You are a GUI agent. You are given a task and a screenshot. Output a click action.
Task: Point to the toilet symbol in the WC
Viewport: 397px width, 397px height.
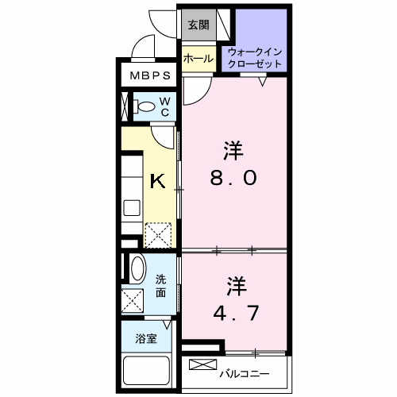tap(146, 106)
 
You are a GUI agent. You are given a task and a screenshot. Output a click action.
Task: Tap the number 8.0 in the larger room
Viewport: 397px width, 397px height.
tap(233, 179)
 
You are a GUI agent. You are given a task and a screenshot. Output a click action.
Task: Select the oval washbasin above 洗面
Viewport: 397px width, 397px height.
tap(137, 269)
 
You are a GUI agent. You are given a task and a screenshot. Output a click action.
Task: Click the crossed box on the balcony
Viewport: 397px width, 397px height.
tap(204, 365)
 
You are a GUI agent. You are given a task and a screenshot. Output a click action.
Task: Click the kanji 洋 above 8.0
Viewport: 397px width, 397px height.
tap(233, 149)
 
